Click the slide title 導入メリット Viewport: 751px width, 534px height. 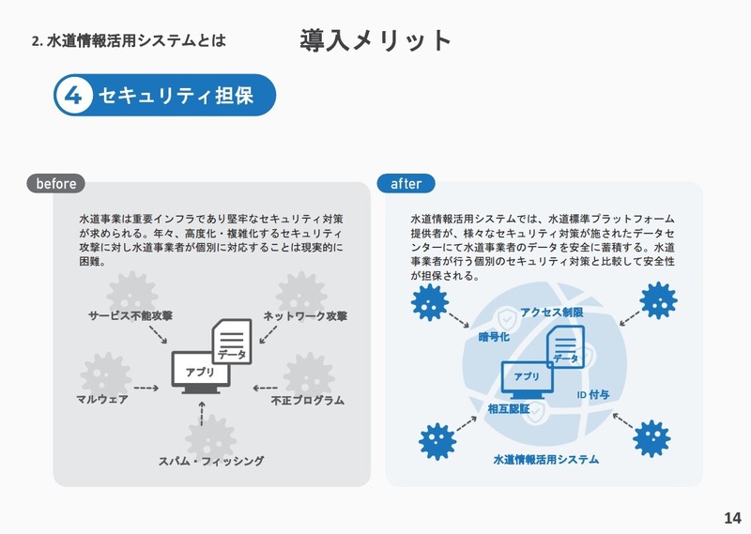click(x=376, y=40)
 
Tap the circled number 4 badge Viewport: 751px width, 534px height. click(x=74, y=95)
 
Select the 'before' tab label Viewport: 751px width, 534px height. click(x=56, y=184)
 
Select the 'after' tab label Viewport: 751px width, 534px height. click(x=406, y=184)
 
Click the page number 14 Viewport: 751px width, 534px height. click(x=732, y=517)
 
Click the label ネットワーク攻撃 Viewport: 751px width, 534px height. click(x=305, y=315)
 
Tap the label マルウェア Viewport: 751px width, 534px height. click(x=102, y=400)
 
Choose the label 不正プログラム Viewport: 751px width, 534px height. click(x=307, y=400)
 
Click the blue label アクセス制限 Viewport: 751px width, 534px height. click(x=551, y=312)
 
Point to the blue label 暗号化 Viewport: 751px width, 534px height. click(x=494, y=337)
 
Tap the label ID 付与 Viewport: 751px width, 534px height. click(x=592, y=395)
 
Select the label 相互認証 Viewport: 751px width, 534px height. click(x=509, y=408)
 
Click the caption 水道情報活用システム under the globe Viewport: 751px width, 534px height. click(x=545, y=460)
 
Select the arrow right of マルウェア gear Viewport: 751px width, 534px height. click(x=145, y=387)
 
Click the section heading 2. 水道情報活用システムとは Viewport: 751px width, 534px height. click(x=129, y=41)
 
